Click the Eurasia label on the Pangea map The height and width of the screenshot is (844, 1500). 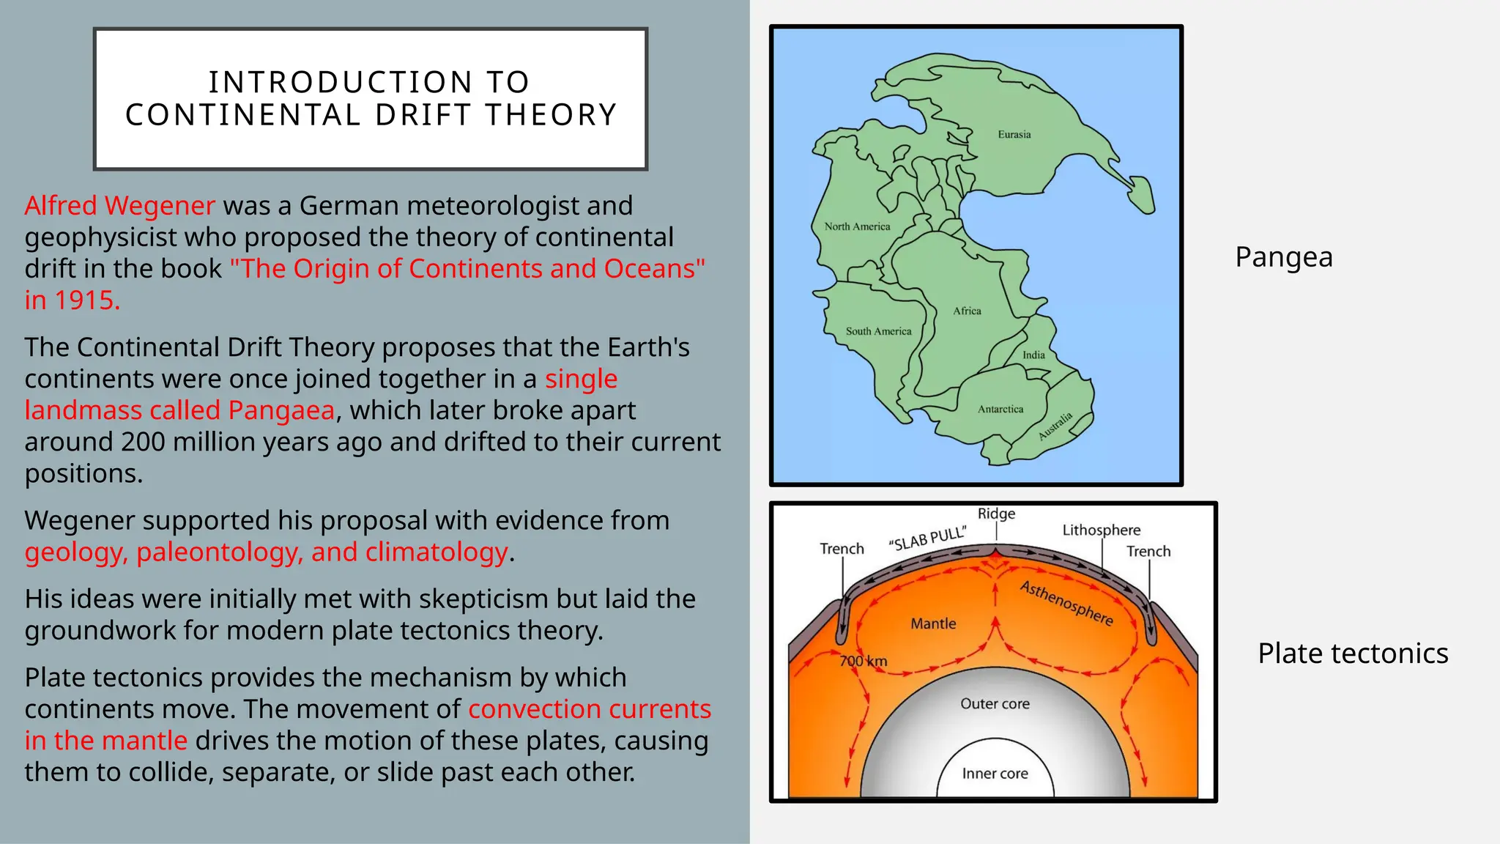1014,135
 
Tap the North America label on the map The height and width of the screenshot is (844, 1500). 857,226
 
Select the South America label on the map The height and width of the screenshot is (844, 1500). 878,331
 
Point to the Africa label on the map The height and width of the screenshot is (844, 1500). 967,311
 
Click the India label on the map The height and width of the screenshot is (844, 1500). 1033,355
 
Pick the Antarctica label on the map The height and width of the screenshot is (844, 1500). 1000,409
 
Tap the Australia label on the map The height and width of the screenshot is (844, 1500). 1055,426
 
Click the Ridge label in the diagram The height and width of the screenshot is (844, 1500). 996,514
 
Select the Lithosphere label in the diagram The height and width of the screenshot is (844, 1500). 1101,530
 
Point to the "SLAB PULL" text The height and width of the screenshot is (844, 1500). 927,538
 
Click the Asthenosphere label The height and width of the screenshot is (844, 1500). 1066,603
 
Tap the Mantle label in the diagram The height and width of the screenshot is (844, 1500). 933,623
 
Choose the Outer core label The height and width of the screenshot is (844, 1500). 995,703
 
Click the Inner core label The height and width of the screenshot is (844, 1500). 995,773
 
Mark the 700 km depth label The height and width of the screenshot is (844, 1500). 863,661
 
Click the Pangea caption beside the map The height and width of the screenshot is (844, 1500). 1283,257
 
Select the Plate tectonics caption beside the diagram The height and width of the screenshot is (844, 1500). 1352,653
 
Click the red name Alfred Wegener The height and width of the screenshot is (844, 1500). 119,206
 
